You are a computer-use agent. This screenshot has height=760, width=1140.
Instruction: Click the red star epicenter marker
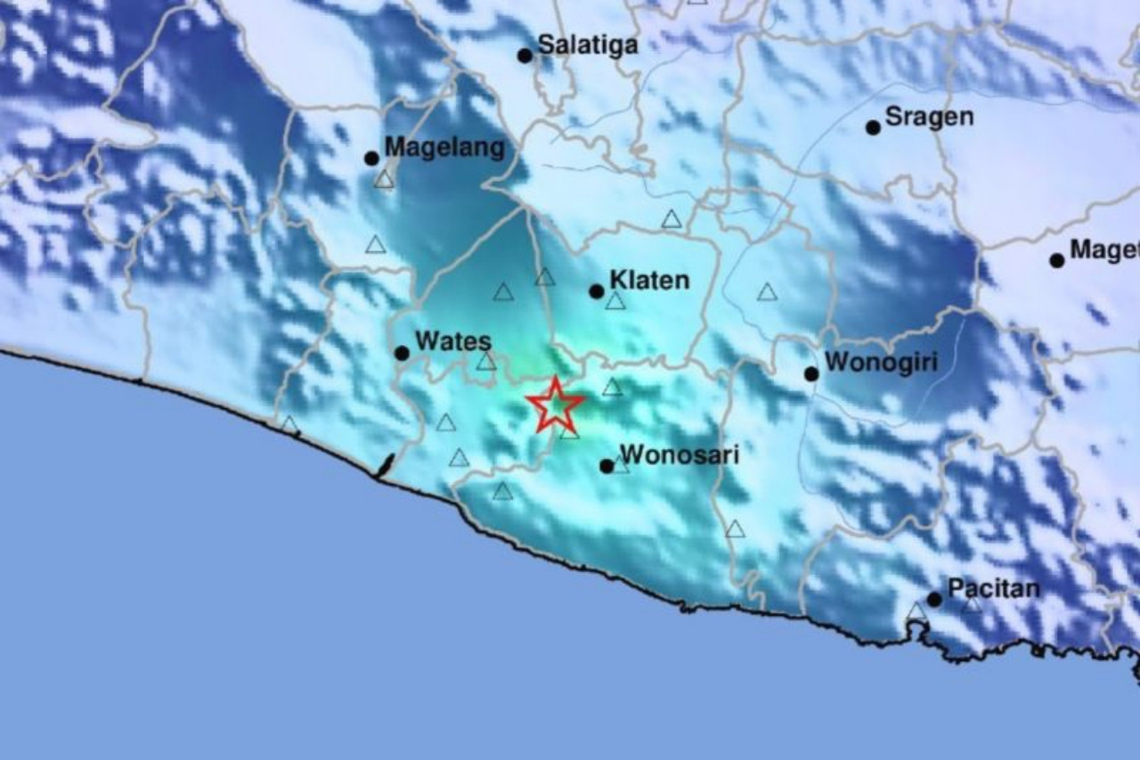click(x=555, y=405)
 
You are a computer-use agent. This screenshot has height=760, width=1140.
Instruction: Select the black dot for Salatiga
click(x=525, y=55)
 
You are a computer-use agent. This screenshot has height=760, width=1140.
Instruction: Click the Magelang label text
click(x=444, y=147)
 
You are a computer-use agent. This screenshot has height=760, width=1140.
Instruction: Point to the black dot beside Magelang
click(x=371, y=159)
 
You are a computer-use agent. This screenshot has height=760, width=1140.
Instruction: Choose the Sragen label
click(x=930, y=117)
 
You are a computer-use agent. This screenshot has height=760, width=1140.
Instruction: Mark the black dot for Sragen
click(x=873, y=127)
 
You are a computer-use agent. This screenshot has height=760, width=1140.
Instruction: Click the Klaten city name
click(x=649, y=280)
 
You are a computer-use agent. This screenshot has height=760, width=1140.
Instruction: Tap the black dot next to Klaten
click(x=596, y=291)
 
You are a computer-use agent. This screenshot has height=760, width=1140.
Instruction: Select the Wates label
click(x=453, y=340)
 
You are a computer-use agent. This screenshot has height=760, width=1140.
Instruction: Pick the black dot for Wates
click(x=402, y=353)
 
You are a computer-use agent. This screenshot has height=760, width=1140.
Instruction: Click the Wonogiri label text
click(x=881, y=363)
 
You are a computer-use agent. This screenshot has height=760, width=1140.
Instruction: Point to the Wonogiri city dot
click(x=811, y=373)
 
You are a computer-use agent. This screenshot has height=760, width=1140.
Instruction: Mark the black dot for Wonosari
click(x=607, y=466)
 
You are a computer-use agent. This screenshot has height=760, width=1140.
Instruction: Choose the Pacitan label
click(x=994, y=588)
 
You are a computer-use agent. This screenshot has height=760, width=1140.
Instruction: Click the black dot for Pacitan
click(x=934, y=599)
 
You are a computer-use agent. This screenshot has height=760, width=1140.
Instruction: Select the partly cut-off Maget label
click(x=1104, y=249)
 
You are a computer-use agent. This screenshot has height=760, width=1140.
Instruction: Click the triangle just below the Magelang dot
click(x=384, y=180)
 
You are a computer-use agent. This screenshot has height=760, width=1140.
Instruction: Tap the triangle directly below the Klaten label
click(x=615, y=301)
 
